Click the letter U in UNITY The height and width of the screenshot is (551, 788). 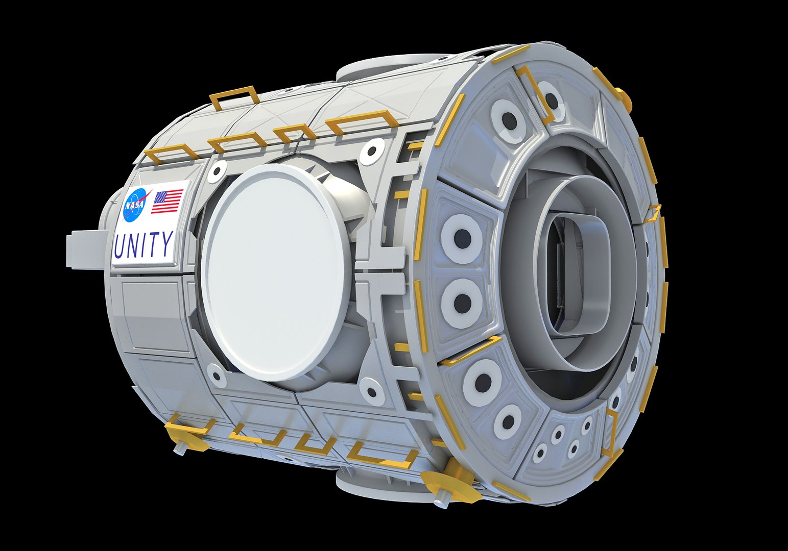pyautogui.click(x=120, y=246)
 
